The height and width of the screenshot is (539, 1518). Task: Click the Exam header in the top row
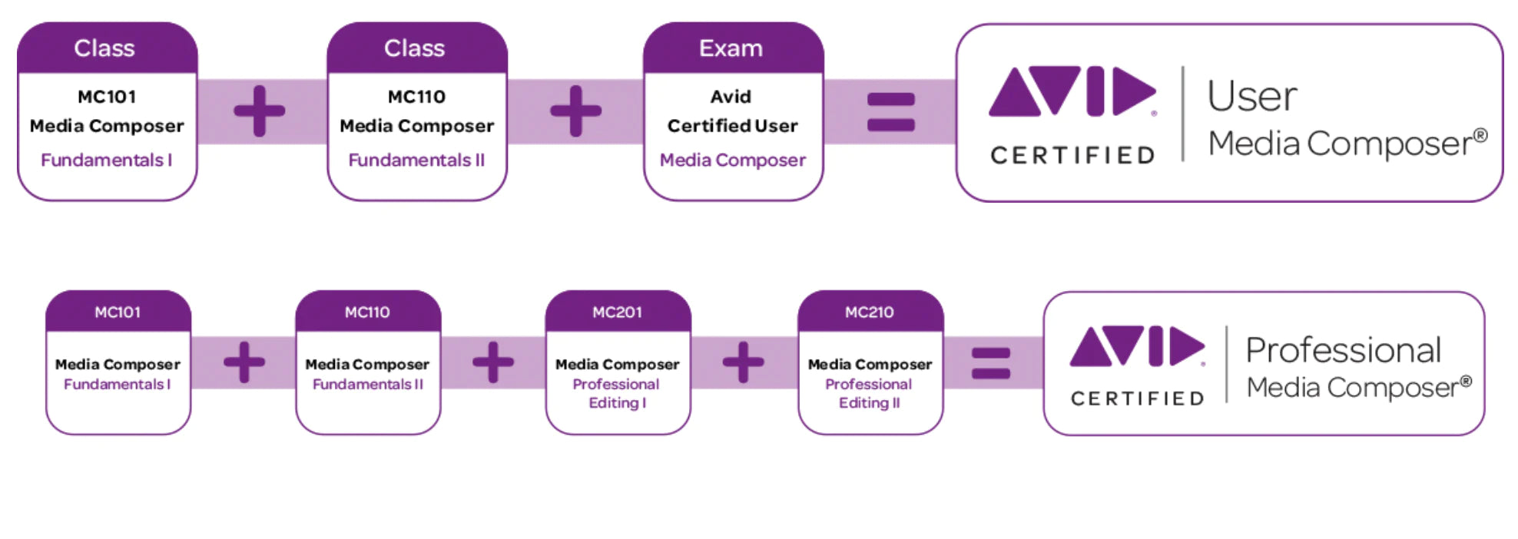[731, 48]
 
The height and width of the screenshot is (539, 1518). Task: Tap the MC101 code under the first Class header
[107, 97]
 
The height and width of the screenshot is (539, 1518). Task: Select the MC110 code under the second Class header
[416, 97]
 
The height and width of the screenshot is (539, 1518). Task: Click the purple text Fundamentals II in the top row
[416, 160]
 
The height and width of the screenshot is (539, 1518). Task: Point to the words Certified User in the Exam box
[732, 126]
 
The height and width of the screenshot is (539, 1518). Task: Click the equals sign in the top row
[890, 112]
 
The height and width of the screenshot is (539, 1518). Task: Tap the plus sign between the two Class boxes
[260, 111]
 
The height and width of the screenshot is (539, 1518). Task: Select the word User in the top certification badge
[1252, 97]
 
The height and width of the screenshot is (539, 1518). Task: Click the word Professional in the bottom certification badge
[1343, 350]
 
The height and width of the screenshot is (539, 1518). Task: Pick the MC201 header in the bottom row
[618, 312]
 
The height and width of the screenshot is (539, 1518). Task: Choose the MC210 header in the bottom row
[870, 312]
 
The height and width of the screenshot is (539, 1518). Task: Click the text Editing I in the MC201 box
[618, 403]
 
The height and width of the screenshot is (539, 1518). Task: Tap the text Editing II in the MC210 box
[870, 403]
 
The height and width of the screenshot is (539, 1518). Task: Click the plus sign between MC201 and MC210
[743, 362]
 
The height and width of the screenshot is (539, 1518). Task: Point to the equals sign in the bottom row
[991, 363]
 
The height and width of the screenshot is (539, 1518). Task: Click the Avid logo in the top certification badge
[1072, 91]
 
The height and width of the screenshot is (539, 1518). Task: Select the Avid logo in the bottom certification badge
[1137, 346]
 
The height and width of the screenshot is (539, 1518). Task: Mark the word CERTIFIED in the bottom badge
[1137, 398]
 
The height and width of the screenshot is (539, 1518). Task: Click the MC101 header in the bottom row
[118, 312]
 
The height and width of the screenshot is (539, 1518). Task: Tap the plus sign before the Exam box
[576, 111]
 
